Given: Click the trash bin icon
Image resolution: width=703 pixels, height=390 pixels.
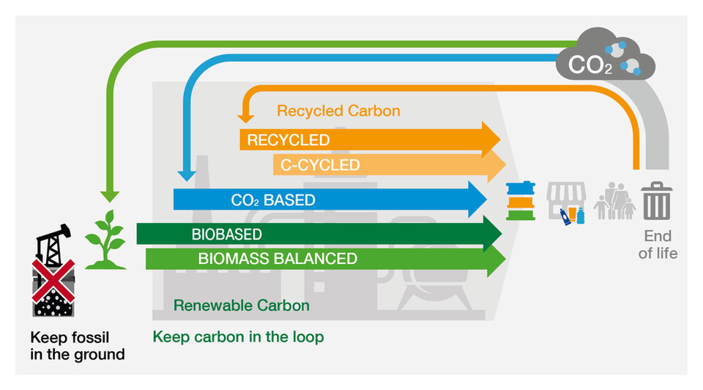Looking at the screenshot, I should click(655, 202).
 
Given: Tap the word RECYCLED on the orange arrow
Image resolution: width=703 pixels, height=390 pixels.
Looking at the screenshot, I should click(288, 140).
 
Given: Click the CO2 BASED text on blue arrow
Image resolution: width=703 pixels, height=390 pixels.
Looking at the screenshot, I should click(272, 199).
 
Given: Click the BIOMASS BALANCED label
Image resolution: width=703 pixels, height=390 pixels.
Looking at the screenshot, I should click(278, 259).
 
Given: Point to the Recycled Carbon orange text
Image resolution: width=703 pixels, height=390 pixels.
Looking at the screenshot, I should click(338, 111).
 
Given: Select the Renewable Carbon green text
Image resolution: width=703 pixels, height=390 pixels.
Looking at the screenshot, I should click(241, 305).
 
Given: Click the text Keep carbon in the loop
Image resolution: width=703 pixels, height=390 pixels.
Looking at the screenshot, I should click(238, 337).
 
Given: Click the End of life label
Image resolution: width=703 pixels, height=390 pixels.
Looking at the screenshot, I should click(657, 245).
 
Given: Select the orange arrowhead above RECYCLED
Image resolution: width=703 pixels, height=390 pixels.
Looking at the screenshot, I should click(245, 114).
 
